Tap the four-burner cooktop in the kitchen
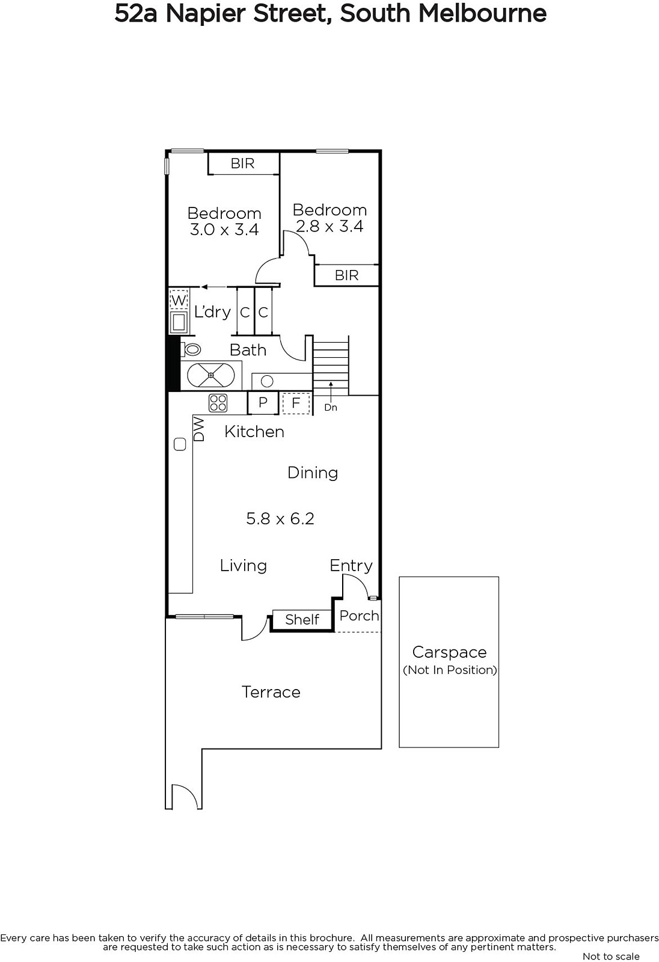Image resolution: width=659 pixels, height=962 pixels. coord(218,403)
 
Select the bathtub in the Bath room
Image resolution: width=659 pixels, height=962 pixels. coord(211,375)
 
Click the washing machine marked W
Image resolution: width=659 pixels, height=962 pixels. coord(179,299)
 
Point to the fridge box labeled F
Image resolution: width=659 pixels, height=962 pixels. coord(296,403)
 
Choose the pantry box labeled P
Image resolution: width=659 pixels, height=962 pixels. coord(263,402)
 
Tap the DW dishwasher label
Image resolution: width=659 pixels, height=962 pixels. coord(199,429)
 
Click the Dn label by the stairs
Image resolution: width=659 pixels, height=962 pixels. coord(330,407)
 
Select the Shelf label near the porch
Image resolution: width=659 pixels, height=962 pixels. coord(302,619)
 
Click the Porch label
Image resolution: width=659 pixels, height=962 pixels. coord(359,616)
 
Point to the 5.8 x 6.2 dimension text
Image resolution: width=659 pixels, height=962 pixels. coord(280,518)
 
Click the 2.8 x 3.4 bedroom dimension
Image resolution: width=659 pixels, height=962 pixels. coord(329,226)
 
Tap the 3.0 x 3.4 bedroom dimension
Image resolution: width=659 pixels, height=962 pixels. coord(224,229)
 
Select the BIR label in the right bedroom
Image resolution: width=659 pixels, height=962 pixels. coord(346,275)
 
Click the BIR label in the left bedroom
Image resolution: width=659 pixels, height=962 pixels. coord(242,163)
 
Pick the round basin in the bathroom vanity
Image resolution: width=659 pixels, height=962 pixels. coord(267,381)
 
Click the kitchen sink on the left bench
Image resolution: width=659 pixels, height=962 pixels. coord(180,444)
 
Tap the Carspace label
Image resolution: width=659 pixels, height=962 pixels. coord(449,652)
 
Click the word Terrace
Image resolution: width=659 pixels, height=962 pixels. coord(271,692)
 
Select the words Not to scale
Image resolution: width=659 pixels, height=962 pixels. coord(611,956)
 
